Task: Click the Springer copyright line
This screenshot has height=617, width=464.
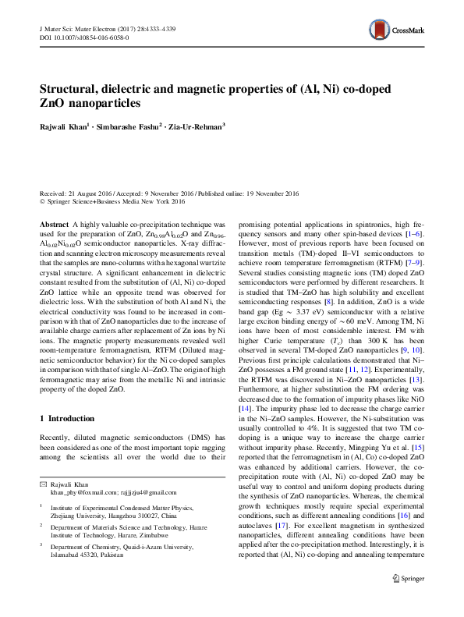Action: click(x=112, y=201)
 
